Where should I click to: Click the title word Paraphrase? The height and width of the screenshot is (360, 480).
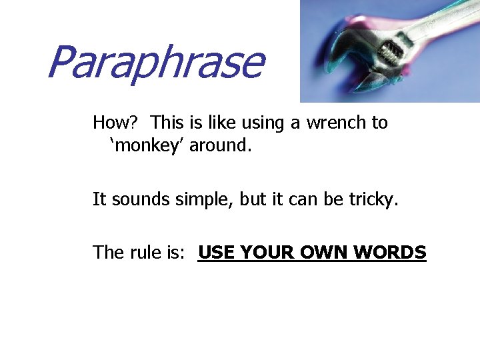(x=155, y=63)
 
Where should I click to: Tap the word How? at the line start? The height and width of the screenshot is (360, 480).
(x=115, y=123)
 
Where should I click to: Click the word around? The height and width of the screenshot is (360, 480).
(x=221, y=145)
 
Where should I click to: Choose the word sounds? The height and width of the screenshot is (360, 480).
(x=137, y=199)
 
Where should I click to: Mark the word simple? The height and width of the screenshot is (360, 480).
(x=199, y=199)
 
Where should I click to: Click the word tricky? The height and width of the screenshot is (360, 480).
(x=373, y=199)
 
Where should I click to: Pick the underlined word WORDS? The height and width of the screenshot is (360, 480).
(x=391, y=253)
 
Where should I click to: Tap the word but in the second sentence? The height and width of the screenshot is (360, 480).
(x=253, y=199)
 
